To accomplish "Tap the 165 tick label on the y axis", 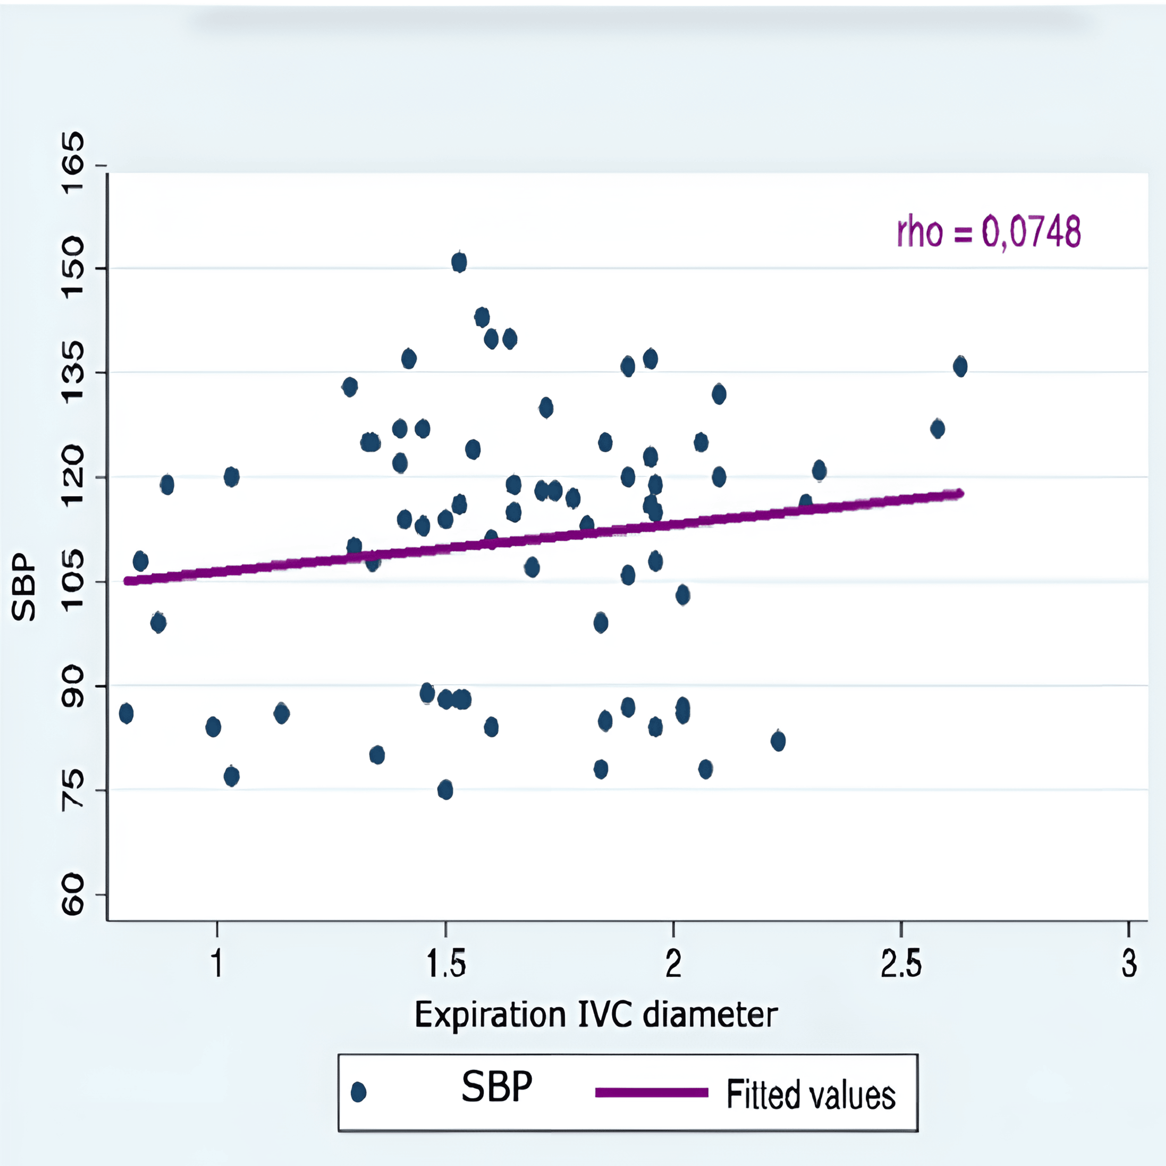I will point(73,164).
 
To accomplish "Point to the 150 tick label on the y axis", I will point(73,267).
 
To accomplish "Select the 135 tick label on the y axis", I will point(73,372).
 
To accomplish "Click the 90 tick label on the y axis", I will point(73,686).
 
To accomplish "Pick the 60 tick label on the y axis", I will point(73,894).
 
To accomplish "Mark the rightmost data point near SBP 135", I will point(960,367).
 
